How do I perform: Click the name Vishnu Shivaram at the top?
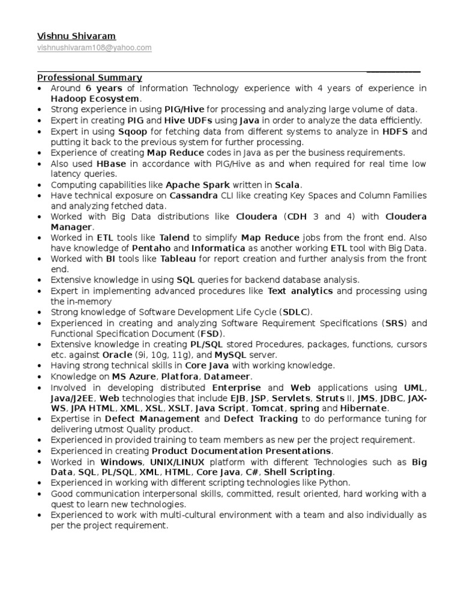click(76, 36)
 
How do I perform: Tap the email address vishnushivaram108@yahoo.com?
click(94, 47)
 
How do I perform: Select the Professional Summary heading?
click(89, 77)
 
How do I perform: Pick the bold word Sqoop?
click(132, 131)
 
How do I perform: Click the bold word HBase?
click(112, 164)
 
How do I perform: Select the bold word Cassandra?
click(194, 195)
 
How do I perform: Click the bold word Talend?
click(175, 237)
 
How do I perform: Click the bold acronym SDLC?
click(295, 312)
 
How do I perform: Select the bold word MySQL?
click(214, 354)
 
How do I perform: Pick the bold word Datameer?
click(229, 376)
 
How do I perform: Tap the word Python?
click(336, 482)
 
